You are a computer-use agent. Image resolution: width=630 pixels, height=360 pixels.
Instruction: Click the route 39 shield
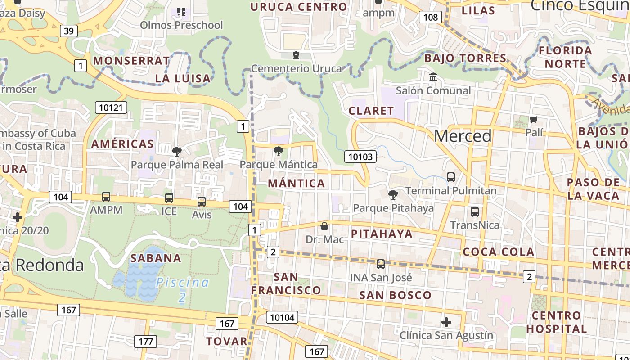[x=68, y=31]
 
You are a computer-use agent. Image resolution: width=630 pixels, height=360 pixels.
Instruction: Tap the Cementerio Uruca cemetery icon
[x=296, y=55]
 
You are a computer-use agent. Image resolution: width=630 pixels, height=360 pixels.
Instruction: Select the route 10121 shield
[x=111, y=107]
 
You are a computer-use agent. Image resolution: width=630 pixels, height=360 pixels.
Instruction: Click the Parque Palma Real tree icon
[x=177, y=151]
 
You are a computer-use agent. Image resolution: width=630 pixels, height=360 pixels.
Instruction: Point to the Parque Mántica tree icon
[x=279, y=151]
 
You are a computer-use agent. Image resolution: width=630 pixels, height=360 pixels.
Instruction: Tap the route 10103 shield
[x=360, y=157]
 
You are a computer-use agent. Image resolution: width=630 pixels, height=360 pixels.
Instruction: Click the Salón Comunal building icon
[x=433, y=77]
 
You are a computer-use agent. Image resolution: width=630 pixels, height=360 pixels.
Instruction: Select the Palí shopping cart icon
[x=534, y=119]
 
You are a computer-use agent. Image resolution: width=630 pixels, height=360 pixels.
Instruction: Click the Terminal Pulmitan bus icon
[x=451, y=177]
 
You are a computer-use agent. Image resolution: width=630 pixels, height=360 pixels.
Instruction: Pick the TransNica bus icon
[x=474, y=211]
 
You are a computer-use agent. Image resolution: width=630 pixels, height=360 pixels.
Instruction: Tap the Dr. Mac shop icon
[x=324, y=226]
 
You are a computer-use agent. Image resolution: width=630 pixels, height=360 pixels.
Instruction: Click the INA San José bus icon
[x=381, y=264]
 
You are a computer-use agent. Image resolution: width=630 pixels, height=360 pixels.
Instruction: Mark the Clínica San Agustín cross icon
[x=446, y=322]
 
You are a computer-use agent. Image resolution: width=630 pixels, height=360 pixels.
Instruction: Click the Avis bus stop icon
[x=202, y=201]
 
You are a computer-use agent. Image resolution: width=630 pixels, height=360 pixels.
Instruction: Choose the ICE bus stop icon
[x=169, y=198]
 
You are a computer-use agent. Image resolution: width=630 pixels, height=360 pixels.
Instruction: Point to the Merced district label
[x=463, y=136]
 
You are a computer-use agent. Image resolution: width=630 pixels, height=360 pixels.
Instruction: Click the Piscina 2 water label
[x=182, y=289]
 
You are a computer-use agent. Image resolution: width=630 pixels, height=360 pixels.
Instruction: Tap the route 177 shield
[x=146, y=341]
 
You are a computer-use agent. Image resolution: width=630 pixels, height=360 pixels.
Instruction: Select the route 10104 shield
[x=282, y=317]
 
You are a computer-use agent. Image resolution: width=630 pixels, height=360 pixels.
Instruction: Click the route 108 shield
[x=431, y=18]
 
